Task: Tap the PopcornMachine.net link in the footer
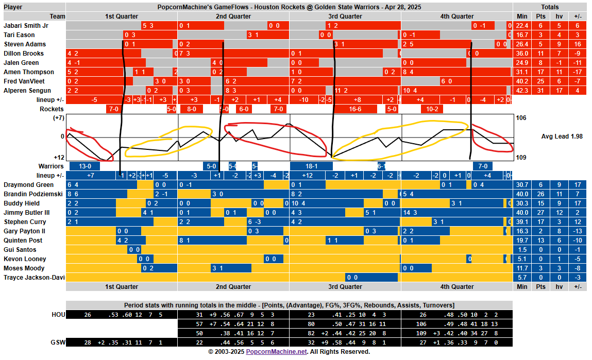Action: (x=276, y=352)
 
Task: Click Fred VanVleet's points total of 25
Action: (x=540, y=81)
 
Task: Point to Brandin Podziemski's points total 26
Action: (x=540, y=194)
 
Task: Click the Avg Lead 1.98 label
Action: (x=562, y=136)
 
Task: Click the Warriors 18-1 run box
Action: (x=311, y=166)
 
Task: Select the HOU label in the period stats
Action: (x=58, y=314)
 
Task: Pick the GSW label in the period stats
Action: (x=58, y=342)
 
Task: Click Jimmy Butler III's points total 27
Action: (x=540, y=213)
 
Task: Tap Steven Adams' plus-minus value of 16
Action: (x=577, y=44)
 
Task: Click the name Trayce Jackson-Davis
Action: (x=35, y=278)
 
